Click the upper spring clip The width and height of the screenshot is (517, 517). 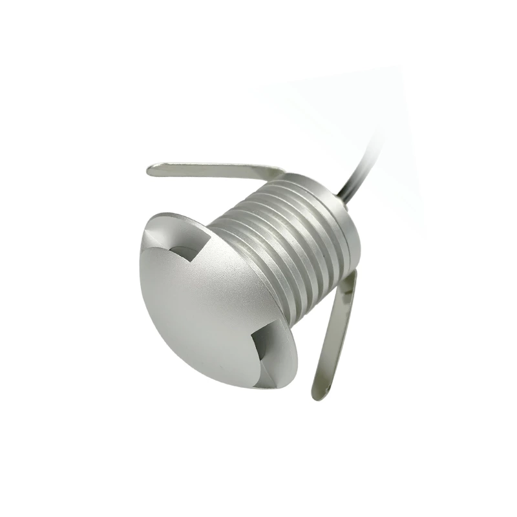(213, 169)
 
